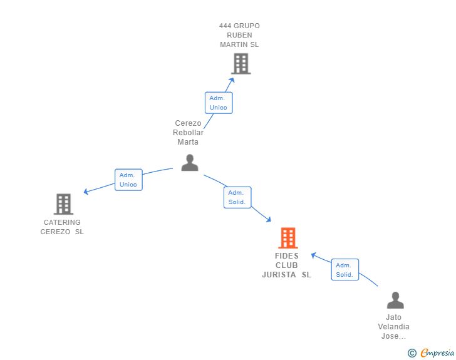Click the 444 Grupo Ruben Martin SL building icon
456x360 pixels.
pos(241,64)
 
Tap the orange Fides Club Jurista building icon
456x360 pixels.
pos(288,238)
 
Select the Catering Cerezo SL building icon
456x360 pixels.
pos(63,204)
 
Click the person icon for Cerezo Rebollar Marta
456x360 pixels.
pos(190,163)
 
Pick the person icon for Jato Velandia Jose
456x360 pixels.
pos(395,301)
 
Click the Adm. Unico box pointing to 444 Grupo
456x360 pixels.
pos(219,103)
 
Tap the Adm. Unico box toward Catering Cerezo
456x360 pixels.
pos(128,180)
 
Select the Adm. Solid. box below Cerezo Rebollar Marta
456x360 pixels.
pos(237,197)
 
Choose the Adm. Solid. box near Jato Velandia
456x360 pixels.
pos(345,270)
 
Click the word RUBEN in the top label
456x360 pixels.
pos(239,35)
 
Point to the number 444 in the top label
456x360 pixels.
pos(225,26)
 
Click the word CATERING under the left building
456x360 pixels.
pos(62,222)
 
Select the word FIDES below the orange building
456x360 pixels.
pos(287,256)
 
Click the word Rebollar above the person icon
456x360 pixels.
pos(189,133)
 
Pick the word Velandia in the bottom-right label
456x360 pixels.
pos(394,327)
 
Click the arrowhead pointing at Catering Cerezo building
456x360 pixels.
pos(86,192)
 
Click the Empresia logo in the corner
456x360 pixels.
pos(437,353)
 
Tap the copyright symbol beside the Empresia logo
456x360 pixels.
pos(412,353)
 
